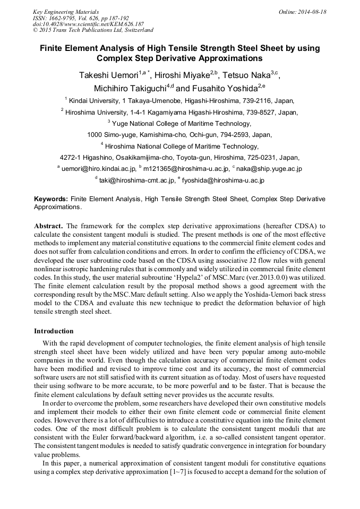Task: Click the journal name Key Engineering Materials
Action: click(x=66, y=12)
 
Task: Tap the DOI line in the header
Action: click(x=88, y=24)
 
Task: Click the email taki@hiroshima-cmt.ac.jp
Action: click(x=137, y=180)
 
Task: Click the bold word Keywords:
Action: click(x=51, y=199)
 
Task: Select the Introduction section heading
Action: click(x=54, y=331)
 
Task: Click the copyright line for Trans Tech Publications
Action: click(x=93, y=30)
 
